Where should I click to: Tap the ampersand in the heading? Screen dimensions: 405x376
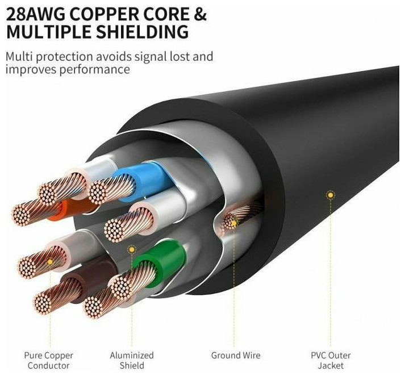[200, 14]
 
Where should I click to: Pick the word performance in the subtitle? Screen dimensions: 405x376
[94, 69]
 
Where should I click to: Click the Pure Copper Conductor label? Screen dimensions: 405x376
[48, 361]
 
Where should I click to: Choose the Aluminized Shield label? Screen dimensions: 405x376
[132, 361]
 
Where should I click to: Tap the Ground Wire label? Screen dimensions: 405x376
[236, 356]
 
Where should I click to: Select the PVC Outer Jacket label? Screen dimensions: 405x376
[331, 361]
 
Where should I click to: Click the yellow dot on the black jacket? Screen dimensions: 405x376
[331, 195]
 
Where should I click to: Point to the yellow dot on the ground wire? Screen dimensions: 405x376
[234, 223]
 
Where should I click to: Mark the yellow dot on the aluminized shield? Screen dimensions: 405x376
[132, 249]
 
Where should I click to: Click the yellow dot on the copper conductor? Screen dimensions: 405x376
[50, 262]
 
